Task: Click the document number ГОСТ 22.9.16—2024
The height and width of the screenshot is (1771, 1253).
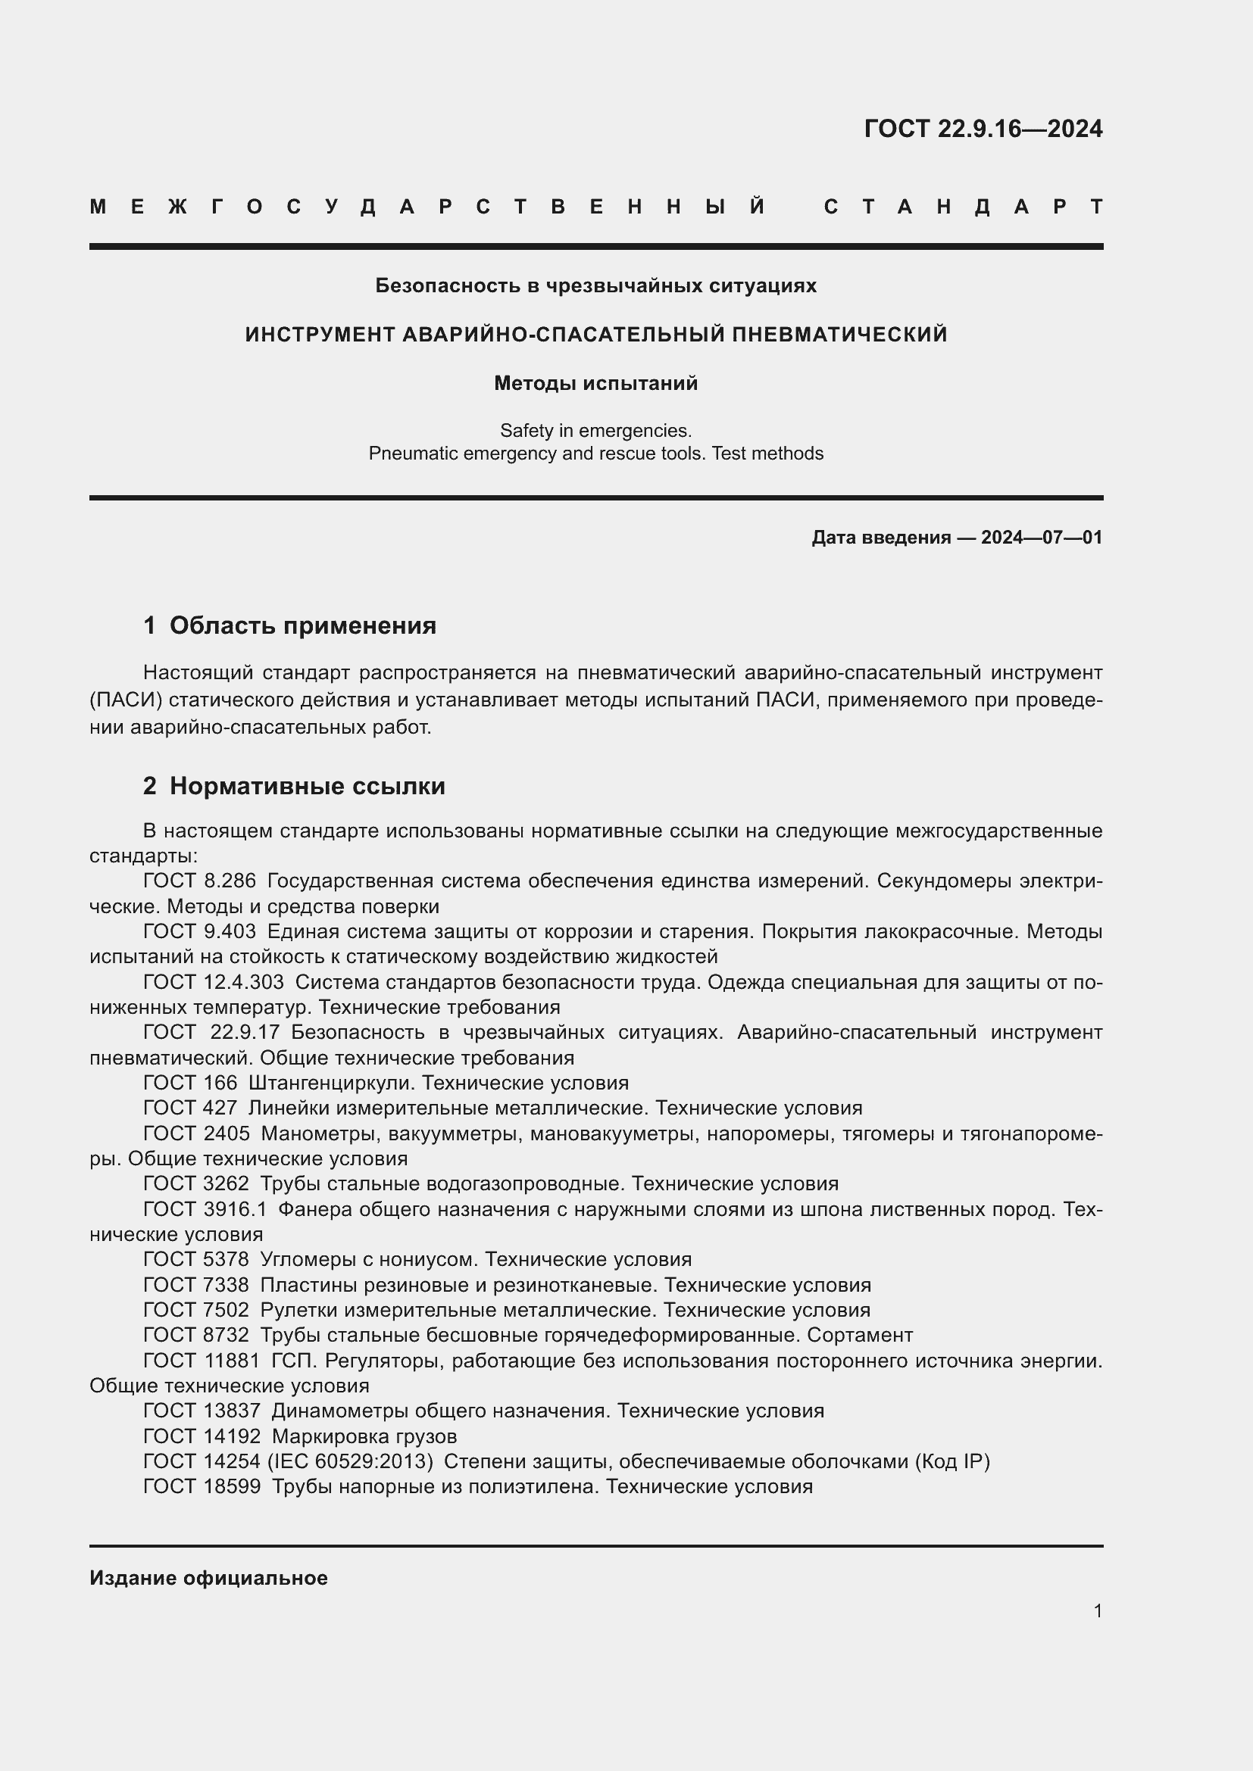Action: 983,128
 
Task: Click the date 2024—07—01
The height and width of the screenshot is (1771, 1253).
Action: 1041,538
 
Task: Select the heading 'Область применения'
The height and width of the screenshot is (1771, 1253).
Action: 302,625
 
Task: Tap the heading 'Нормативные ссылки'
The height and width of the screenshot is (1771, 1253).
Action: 307,786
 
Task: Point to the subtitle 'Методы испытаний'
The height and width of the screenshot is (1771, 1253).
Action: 595,383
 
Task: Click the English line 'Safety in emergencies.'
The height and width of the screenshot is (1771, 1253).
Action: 595,430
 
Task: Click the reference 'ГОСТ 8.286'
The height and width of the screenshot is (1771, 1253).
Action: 199,881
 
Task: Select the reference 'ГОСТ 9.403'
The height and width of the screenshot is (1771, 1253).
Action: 199,931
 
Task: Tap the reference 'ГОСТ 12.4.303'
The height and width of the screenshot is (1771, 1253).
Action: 213,982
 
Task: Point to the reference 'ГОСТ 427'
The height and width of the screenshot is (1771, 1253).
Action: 190,1108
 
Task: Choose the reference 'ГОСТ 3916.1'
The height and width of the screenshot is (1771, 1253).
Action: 205,1208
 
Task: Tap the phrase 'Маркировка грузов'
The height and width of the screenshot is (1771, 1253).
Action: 364,1436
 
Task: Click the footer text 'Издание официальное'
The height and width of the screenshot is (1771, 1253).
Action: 208,1578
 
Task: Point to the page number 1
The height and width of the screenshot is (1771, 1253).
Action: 1097,1610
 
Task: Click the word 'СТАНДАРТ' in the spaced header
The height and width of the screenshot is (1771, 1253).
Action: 963,207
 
